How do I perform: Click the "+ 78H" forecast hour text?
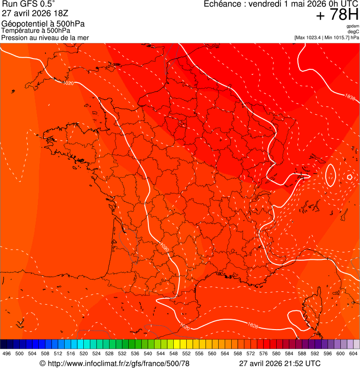pyautogui.click(x=337, y=15)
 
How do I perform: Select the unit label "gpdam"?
pyautogui.click(x=353, y=26)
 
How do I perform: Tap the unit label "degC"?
pyautogui.click(x=353, y=32)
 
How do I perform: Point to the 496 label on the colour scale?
pyautogui.click(x=7, y=354)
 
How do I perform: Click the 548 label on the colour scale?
pyautogui.click(x=174, y=354)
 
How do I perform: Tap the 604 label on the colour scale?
pyautogui.click(x=353, y=354)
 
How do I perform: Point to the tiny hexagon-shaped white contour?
pyautogui.click(x=349, y=177)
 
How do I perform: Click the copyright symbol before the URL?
pyautogui.click(x=43, y=363)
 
